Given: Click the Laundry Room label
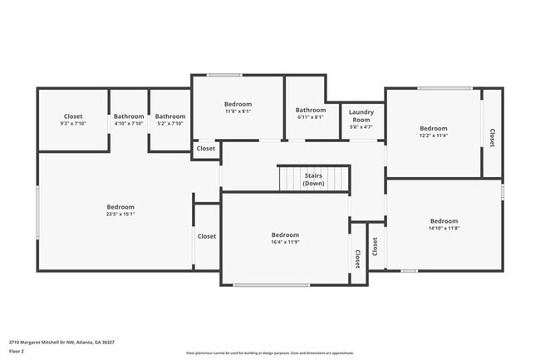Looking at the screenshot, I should (x=361, y=116).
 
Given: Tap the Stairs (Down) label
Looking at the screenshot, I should (x=313, y=180).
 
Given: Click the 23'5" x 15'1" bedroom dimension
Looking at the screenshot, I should (x=120, y=215).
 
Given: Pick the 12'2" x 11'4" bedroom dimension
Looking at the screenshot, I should (x=433, y=136).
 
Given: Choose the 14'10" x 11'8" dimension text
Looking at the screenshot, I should (x=444, y=229).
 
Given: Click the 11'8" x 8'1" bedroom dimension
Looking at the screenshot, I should (x=238, y=111).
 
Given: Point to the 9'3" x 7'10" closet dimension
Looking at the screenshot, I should (x=73, y=124).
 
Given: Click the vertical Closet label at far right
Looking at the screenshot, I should (x=492, y=138).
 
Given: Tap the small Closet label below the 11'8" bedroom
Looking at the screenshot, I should (x=206, y=149).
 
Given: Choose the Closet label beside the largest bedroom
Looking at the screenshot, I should (x=206, y=236).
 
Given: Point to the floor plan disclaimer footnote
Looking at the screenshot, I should (x=269, y=353).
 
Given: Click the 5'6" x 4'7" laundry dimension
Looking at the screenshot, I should (x=361, y=127).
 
